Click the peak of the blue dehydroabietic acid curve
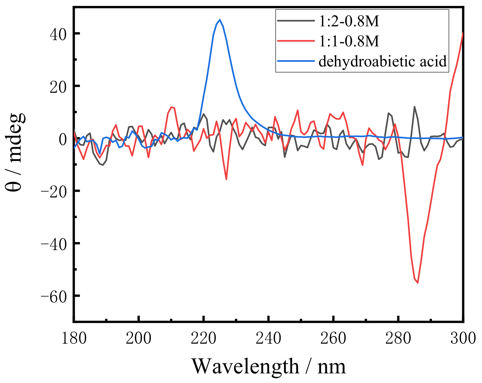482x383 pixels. click(220, 20)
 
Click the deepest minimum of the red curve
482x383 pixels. click(418, 283)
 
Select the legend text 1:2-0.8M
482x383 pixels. click(349, 21)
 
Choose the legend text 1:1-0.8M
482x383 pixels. click(349, 41)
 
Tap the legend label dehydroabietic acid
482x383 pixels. click(383, 61)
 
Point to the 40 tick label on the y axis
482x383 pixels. click(58, 34)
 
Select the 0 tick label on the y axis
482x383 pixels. click(63, 139)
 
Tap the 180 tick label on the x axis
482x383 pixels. click(74, 338)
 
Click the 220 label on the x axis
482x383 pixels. click(203, 338)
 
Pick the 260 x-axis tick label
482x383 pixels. click(333, 338)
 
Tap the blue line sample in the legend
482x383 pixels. click(296, 61)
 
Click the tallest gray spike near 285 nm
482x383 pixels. click(414, 107)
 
